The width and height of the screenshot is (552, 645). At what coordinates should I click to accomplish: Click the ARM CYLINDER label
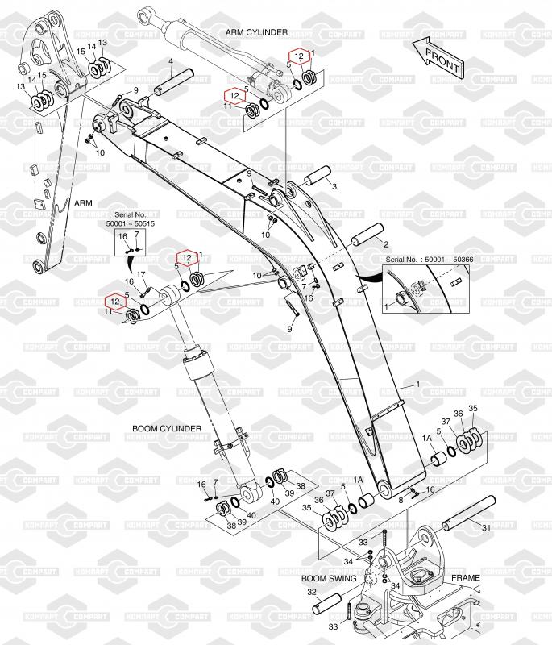[256, 31]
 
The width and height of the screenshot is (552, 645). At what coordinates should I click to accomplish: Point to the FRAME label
[466, 578]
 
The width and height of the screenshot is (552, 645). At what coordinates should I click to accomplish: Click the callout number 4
[171, 62]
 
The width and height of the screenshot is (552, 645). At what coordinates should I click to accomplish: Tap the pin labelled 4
[179, 81]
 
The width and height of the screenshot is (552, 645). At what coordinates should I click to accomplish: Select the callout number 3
[334, 187]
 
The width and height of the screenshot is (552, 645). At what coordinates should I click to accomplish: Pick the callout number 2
[386, 243]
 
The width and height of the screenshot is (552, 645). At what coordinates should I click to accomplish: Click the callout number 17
[140, 275]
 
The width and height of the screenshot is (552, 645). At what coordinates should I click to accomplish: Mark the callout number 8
[400, 501]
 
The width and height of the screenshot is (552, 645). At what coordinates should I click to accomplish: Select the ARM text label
[84, 205]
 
